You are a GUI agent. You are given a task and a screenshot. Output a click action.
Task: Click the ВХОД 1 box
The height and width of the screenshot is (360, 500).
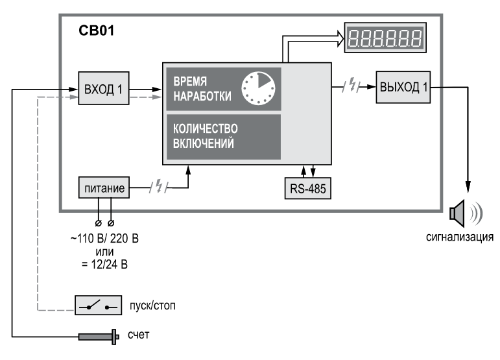point(104,88)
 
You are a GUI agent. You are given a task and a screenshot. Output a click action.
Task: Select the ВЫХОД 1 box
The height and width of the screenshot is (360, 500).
point(403,87)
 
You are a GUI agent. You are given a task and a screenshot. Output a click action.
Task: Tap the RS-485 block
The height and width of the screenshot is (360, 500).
point(307,189)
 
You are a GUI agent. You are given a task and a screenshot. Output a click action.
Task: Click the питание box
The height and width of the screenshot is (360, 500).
point(104,187)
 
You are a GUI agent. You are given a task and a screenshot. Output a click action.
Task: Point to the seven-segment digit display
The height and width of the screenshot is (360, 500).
point(385,38)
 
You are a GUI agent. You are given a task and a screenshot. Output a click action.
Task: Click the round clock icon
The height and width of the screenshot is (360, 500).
point(258,88)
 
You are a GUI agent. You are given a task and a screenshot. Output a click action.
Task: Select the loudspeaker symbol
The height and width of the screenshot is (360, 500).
point(466,213)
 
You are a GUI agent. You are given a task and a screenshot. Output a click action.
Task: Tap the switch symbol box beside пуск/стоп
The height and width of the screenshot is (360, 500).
point(98,305)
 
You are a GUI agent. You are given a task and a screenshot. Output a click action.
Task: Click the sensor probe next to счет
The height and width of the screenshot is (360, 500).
point(99,337)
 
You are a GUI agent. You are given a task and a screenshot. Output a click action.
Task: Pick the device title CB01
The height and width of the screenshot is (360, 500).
point(96,30)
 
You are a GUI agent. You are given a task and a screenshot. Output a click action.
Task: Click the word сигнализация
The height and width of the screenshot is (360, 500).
point(460,237)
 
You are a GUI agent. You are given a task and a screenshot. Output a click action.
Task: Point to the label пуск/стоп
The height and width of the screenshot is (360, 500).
point(152,306)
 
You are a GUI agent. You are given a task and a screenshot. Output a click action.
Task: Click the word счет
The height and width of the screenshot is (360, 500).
point(138,335)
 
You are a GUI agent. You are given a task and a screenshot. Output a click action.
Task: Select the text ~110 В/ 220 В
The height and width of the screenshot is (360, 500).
point(104,238)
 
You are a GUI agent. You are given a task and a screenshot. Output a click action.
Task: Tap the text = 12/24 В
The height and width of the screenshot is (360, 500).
point(104,265)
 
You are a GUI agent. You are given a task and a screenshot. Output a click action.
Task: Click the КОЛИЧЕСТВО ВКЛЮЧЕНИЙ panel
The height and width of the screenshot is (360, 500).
point(224,137)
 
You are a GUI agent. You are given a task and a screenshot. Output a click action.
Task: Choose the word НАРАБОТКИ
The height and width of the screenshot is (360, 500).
point(202,96)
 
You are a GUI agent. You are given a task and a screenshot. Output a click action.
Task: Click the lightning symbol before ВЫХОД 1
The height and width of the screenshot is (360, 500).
point(351,85)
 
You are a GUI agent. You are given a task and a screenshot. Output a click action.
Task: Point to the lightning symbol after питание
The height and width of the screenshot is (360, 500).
point(159,186)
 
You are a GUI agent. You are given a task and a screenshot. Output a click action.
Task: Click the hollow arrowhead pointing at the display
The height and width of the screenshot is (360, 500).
point(340,38)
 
